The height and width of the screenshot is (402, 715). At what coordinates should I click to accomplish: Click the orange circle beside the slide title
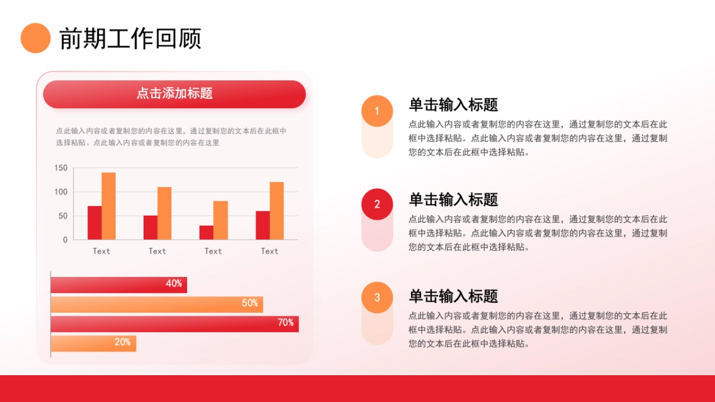35,38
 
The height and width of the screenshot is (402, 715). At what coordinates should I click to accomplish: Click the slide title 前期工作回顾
130,39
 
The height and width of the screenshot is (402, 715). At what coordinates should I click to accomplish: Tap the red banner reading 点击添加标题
174,94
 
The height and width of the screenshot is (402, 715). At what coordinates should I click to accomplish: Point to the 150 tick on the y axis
61,168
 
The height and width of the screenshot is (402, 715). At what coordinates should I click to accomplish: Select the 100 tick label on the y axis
61,192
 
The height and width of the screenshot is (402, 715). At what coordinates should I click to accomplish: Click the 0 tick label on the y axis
66,240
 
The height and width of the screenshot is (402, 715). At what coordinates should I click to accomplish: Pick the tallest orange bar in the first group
108,206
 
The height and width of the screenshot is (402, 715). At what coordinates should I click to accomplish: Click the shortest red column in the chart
206,232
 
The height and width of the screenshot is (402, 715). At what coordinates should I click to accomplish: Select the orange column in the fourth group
276,211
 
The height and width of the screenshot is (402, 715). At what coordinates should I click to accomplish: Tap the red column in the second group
150,228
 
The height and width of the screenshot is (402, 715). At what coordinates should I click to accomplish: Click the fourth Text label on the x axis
269,251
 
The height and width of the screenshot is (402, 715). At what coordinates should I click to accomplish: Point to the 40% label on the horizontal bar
174,284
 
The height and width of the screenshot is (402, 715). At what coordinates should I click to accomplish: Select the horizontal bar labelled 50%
157,304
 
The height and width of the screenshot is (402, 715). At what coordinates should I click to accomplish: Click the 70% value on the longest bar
285,323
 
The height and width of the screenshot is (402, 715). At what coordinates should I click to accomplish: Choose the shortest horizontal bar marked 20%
94,344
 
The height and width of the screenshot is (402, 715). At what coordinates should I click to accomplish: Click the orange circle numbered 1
377,111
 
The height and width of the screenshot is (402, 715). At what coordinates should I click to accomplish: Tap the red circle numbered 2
377,204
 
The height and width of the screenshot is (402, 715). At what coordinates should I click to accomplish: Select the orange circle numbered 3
377,298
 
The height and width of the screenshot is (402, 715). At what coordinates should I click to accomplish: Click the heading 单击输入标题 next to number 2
453,200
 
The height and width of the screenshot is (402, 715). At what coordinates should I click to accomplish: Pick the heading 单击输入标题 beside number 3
453,296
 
